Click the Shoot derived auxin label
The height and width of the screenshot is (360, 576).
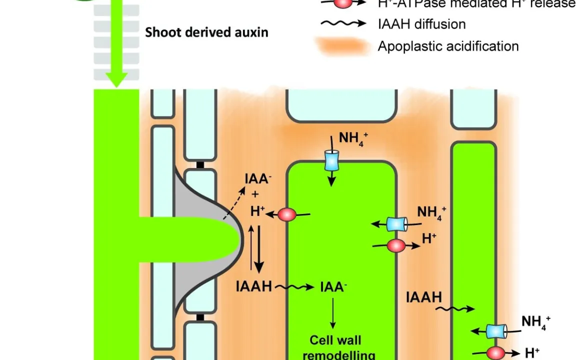pyautogui.click(x=206, y=33)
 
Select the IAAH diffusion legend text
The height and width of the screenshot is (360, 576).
pyautogui.click(x=422, y=23)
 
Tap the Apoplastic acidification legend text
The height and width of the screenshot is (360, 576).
pyautogui.click(x=448, y=46)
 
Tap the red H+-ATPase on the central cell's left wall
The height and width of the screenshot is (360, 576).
pyautogui.click(x=287, y=215)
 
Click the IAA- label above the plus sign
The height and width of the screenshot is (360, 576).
pyautogui.click(x=257, y=179)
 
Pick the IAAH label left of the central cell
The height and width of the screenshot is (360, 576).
pyautogui.click(x=254, y=286)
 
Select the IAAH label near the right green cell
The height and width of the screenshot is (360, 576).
pyautogui.click(x=424, y=297)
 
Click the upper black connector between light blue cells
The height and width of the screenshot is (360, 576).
pyautogui.click(x=200, y=164)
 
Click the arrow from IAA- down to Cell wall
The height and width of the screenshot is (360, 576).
pyautogui.click(x=332, y=312)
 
